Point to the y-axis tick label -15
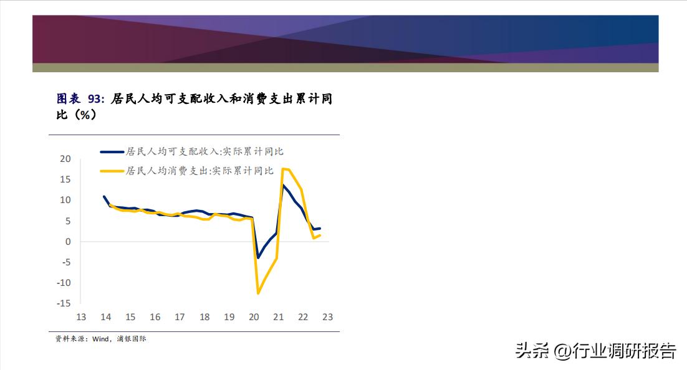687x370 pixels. pyautogui.click(x=63, y=303)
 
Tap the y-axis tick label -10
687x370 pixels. pyautogui.click(x=63, y=283)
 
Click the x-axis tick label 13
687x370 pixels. pyautogui.click(x=80, y=317)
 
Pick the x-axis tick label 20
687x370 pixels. pyautogui.click(x=254, y=317)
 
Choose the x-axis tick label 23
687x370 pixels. pyautogui.click(x=327, y=317)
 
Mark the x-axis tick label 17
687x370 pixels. pyautogui.click(x=180, y=317)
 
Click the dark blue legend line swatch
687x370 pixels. pyautogui.click(x=112, y=151)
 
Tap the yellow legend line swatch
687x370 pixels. pyautogui.click(x=112, y=170)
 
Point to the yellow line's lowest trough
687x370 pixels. pyautogui.click(x=257, y=293)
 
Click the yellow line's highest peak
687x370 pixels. pyautogui.click(x=283, y=169)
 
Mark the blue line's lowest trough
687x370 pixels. pyautogui.click(x=257, y=257)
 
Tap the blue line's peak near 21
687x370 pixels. pyautogui.click(x=282, y=185)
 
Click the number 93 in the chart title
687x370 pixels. pyautogui.click(x=95, y=98)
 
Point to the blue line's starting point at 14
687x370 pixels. pyautogui.click(x=104, y=197)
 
